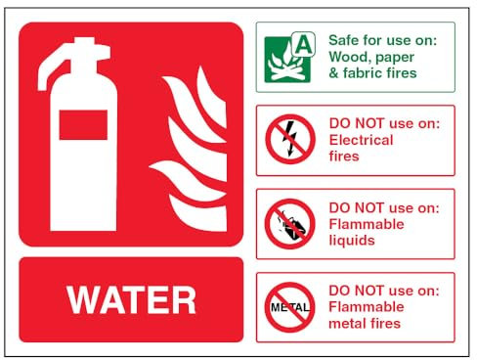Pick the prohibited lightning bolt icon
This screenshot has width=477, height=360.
pyautogui.click(x=290, y=139)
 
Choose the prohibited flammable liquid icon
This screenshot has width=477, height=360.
pyautogui.click(x=290, y=224)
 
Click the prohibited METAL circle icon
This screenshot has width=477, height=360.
pyautogui.click(x=290, y=307)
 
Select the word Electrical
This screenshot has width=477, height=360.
pyautogui.click(x=362, y=140)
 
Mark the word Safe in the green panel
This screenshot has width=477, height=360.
pyautogui.click(x=345, y=40)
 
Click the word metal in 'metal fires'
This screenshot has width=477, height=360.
pyautogui.click(x=348, y=324)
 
